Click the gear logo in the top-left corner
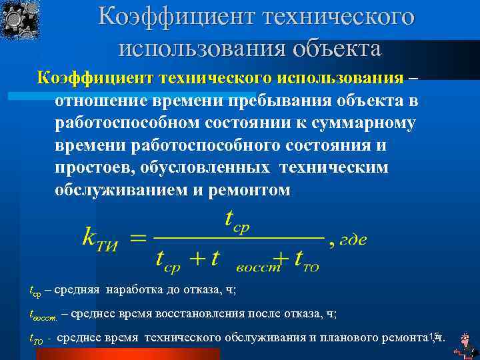20,19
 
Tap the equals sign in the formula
136,239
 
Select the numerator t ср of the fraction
237,221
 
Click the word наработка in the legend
141,291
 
